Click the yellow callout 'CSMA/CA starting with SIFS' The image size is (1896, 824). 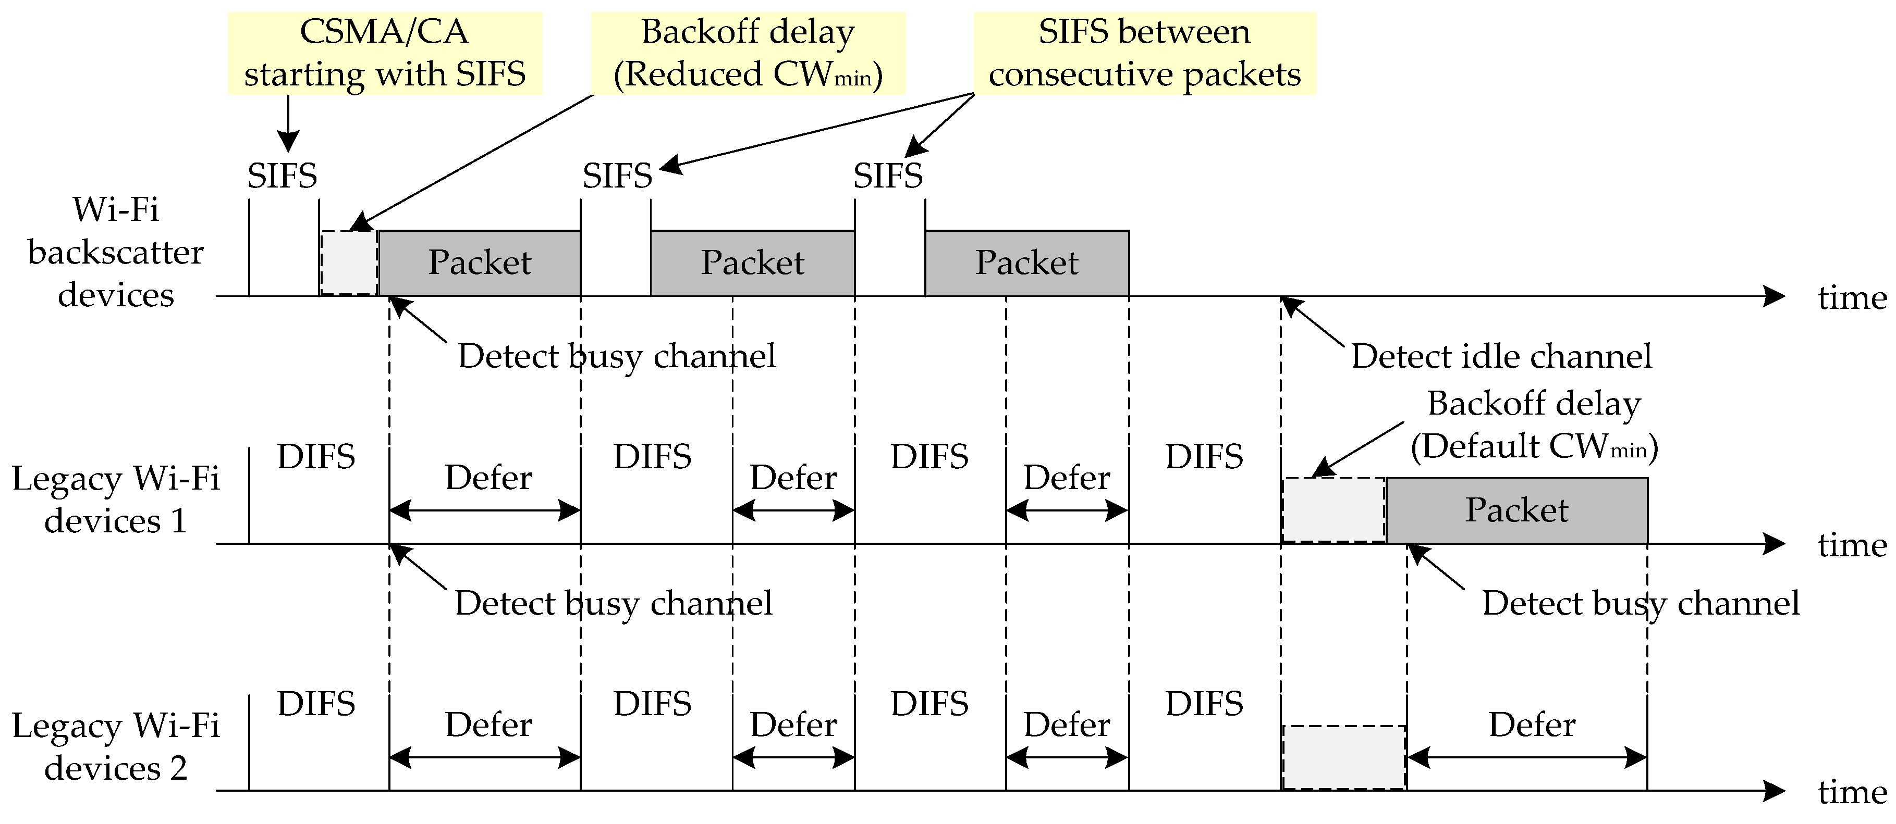pyautogui.click(x=384, y=53)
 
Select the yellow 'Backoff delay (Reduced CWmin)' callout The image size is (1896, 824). pyautogui.click(x=748, y=53)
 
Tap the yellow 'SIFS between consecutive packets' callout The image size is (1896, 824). pyautogui.click(x=1144, y=53)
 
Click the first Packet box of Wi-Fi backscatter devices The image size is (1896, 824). pyautogui.click(x=479, y=263)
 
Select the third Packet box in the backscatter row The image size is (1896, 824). pyautogui.click(x=1027, y=263)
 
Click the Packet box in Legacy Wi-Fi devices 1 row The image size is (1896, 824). pyautogui.click(x=1516, y=510)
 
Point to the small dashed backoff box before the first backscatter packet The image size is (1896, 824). pyautogui.click(x=349, y=263)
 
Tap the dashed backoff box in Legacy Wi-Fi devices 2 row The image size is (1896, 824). pyautogui.click(x=1344, y=757)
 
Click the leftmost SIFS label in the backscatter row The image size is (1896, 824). pyautogui.click(x=282, y=176)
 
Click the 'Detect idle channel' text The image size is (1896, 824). pyautogui.click(x=1501, y=356)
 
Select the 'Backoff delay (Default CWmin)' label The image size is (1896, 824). pyautogui.click(x=1534, y=425)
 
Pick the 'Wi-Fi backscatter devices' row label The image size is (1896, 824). pyautogui.click(x=116, y=252)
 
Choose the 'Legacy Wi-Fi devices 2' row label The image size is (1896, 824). pyautogui.click(x=116, y=747)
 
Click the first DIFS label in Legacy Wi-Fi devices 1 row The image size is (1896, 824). pyautogui.click(x=316, y=457)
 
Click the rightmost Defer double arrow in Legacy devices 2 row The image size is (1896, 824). pyautogui.click(x=1526, y=757)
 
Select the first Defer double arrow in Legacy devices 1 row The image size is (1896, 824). pyautogui.click(x=484, y=510)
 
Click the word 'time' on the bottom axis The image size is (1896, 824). pyautogui.click(x=1852, y=792)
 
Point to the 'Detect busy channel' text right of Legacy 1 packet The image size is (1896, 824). pyautogui.click(x=1641, y=603)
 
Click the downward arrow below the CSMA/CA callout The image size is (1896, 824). pyautogui.click(x=288, y=125)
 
